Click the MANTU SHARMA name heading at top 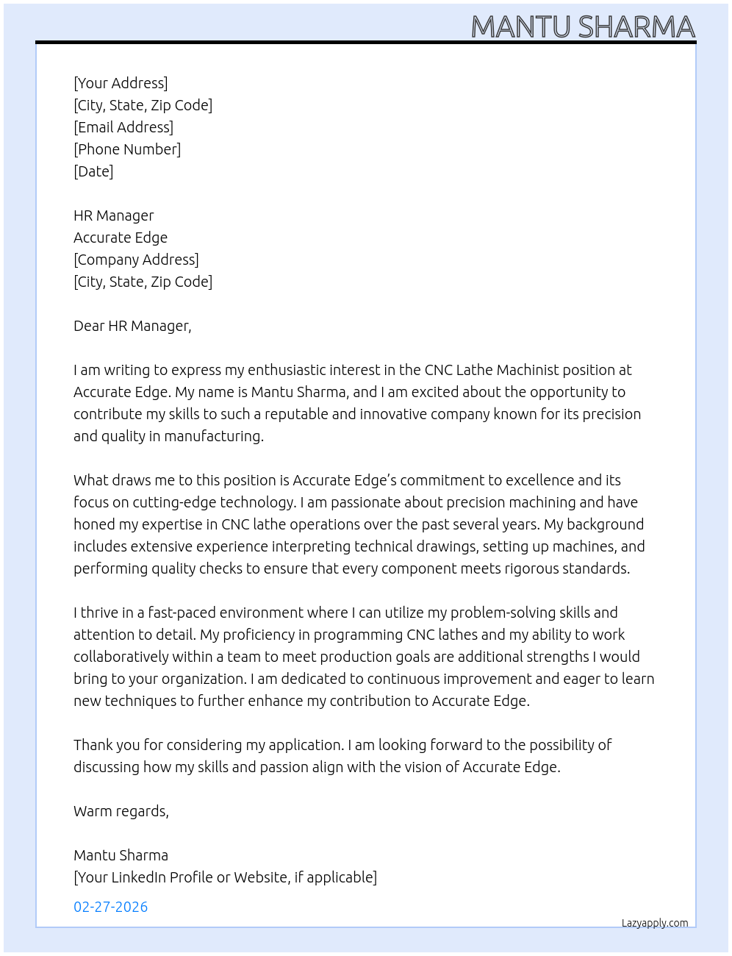click(583, 26)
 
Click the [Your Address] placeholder click(121, 83)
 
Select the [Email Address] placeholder click(123, 127)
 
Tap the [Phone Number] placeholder click(127, 149)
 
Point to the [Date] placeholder click(93, 171)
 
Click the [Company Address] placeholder click(136, 260)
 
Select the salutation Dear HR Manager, click(132, 326)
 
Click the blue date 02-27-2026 click(111, 907)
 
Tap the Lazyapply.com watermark click(655, 923)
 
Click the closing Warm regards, click(121, 811)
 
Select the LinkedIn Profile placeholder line click(225, 877)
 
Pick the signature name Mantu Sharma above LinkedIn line click(121, 855)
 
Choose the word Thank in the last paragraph click(92, 745)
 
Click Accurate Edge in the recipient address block click(121, 238)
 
